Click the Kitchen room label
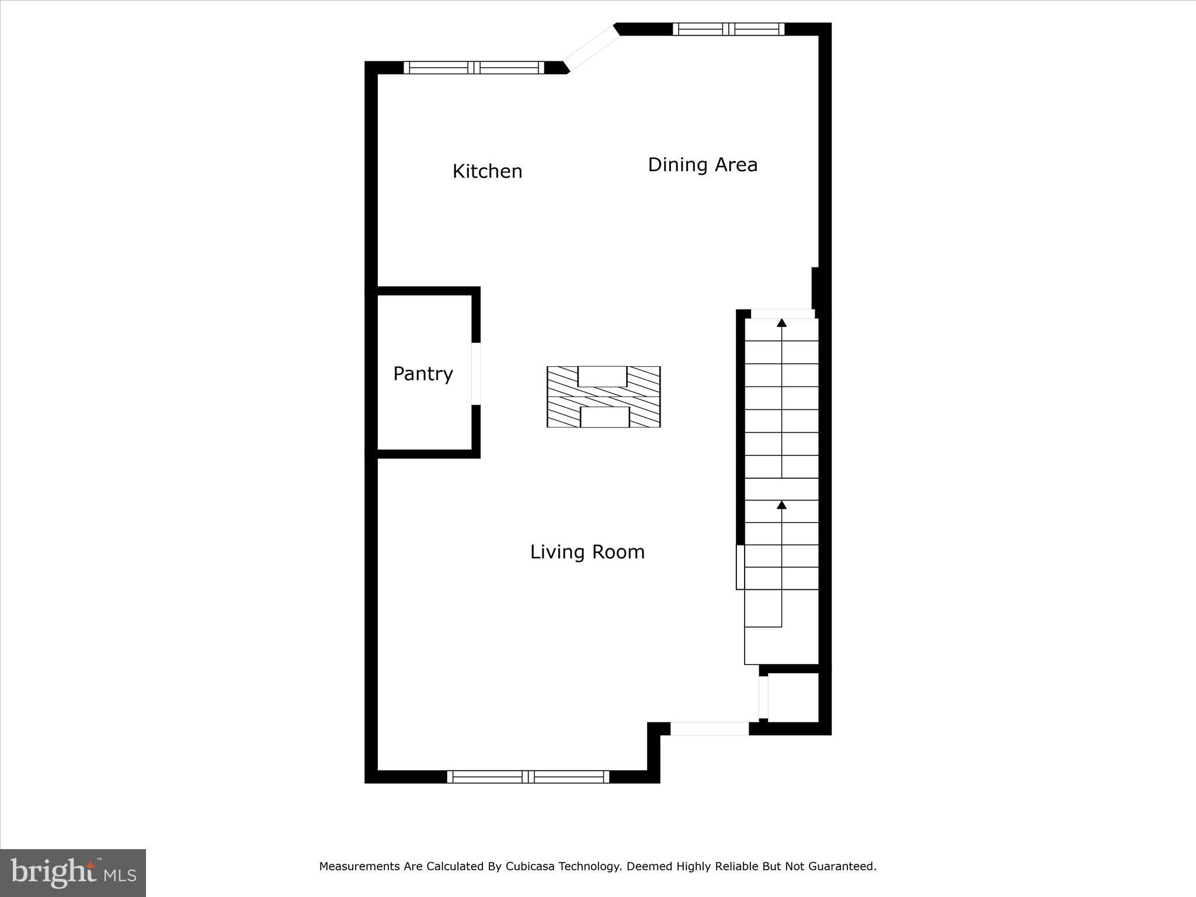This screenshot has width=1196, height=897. pos(487,171)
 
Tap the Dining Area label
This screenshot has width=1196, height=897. pos(703,165)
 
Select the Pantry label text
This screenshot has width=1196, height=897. pos(423,374)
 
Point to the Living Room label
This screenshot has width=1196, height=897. pos(587,552)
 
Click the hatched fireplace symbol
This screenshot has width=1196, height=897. pos(603,397)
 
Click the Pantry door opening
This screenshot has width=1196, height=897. pos(476,374)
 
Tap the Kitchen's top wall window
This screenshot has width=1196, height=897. pos(474,68)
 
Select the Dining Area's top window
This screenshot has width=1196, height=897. pos(728,29)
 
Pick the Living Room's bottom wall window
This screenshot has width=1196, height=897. pos(528,776)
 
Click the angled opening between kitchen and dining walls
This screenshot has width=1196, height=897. pos(591,49)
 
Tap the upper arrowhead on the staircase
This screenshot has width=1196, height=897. pos(781,322)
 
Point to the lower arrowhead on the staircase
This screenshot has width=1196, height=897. pos(781,505)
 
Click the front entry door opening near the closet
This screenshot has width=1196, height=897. pos(710,728)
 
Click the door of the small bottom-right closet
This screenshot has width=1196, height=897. pos(763,697)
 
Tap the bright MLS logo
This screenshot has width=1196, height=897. pos(72,872)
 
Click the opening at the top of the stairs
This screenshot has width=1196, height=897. pos(782,314)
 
